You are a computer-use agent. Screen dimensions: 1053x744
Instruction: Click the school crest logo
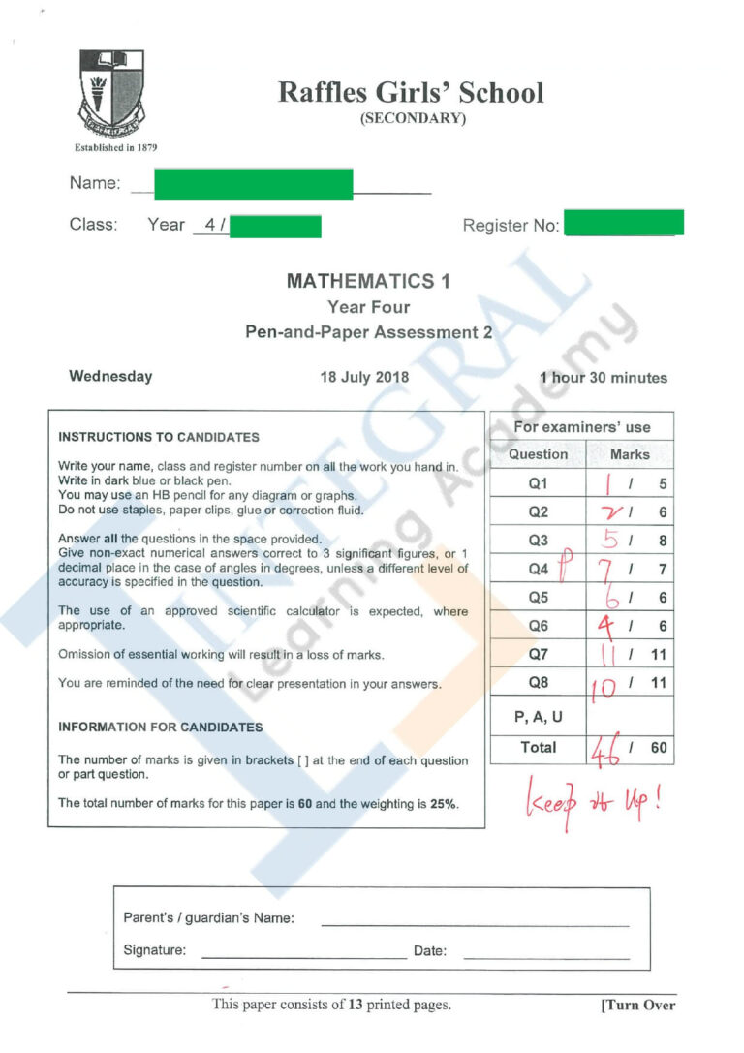coord(111,94)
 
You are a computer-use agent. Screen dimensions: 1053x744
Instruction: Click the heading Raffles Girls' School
coord(411,93)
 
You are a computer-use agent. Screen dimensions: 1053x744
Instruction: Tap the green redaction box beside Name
coord(253,183)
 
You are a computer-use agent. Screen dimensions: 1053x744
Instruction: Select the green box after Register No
coord(623,223)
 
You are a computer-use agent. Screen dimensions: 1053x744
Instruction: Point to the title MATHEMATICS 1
coord(368,281)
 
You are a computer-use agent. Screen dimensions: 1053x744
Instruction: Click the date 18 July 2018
coord(364,378)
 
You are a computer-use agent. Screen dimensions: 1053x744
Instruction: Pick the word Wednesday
coord(110,377)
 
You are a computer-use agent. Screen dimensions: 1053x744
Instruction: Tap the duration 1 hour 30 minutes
coord(604,378)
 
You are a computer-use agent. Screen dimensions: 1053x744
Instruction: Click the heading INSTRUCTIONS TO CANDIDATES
coord(159,437)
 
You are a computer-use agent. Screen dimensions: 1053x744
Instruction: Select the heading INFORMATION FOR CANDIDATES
coord(160,727)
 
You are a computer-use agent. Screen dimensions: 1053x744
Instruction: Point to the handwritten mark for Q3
coord(611,540)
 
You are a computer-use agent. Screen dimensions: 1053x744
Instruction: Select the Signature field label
coord(155,950)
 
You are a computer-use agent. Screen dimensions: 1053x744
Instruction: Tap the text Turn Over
coord(637,1006)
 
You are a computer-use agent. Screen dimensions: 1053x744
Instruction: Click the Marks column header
coord(630,454)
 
